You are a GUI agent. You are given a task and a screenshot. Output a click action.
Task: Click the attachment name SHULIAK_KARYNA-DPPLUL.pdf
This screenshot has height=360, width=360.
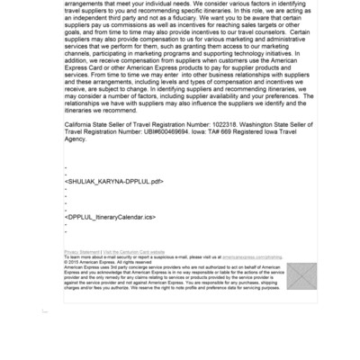[x=114, y=181]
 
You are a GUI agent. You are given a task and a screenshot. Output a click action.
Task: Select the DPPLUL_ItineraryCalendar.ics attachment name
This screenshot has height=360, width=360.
[x=110, y=217]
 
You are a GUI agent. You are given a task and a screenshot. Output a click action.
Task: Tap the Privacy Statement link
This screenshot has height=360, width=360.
[x=83, y=252]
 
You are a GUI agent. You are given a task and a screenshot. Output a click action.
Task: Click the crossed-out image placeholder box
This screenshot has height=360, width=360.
[x=301, y=275]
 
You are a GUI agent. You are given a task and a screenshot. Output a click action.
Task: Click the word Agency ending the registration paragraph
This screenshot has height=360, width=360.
[x=76, y=139]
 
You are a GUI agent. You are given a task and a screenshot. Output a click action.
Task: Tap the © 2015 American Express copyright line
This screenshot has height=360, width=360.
[x=96, y=262]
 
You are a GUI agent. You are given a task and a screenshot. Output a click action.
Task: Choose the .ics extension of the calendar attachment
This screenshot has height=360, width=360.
[x=146, y=217]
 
